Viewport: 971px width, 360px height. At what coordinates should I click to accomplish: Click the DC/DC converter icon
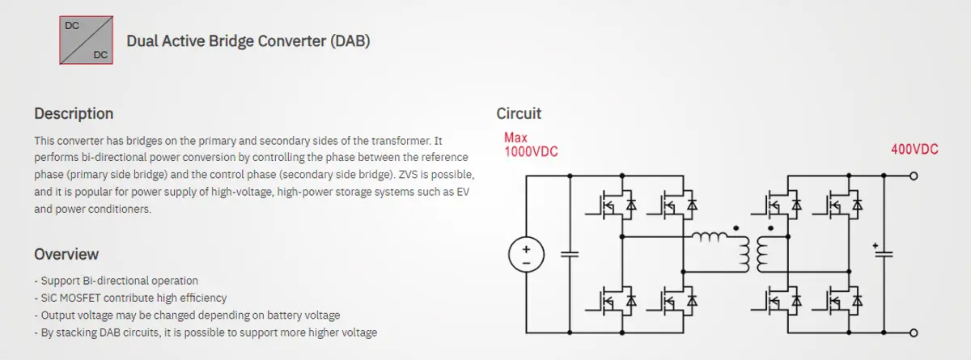coord(87,40)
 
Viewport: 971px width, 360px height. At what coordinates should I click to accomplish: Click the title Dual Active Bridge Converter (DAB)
coord(248,41)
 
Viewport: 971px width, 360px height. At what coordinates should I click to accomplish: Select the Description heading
coord(74,113)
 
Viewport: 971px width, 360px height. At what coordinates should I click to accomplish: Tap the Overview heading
coord(66,254)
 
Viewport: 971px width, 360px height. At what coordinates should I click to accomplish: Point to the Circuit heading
coord(519,113)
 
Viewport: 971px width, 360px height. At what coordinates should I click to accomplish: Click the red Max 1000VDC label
coord(531,145)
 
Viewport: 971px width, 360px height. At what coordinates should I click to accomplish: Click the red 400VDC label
coord(914,150)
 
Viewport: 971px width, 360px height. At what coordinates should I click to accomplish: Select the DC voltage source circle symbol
coord(524,256)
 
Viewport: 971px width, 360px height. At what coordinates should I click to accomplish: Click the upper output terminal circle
coord(914,176)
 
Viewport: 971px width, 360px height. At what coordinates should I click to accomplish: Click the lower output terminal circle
coord(914,332)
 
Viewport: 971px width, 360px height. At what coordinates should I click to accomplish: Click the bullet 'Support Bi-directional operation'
coord(116,281)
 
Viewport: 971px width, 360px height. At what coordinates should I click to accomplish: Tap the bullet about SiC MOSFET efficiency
coord(130,298)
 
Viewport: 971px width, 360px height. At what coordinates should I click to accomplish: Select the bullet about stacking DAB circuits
coord(206,332)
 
